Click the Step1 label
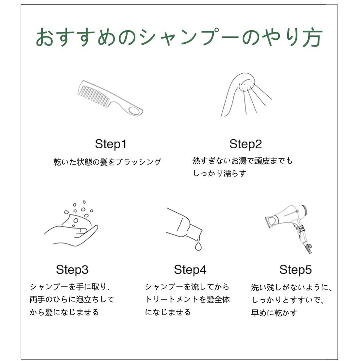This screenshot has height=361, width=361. click(110, 144)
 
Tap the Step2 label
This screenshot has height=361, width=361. click(245, 144)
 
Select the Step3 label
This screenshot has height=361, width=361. click(72, 270)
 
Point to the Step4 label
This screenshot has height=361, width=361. click(190, 270)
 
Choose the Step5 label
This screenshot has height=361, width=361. click(296, 270)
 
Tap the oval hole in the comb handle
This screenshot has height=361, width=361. click(134, 110)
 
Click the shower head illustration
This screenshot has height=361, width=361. click(246, 95)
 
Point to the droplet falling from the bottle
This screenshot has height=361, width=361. click(198, 245)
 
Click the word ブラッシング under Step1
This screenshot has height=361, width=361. click(138, 162)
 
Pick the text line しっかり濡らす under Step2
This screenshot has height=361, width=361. click(219, 173)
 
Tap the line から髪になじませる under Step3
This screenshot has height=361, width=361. click(64, 312)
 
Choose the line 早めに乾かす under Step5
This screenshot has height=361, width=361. click(274, 313)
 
